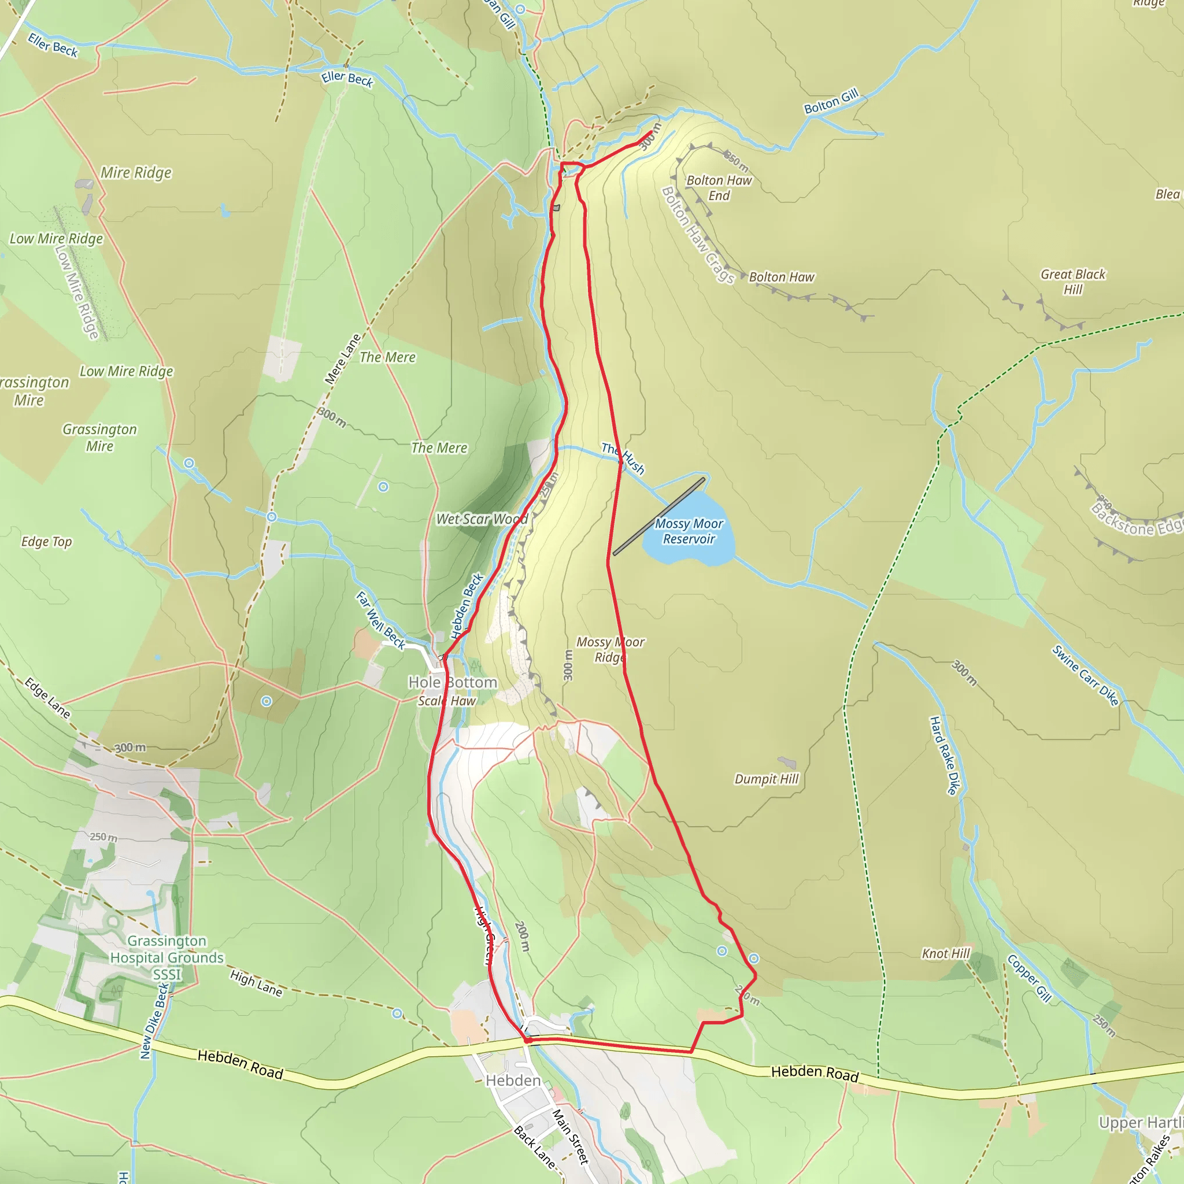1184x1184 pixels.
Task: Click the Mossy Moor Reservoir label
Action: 689,531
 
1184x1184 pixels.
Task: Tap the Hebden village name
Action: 513,1081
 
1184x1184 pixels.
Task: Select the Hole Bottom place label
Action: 452,682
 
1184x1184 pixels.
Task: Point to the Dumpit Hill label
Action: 766,779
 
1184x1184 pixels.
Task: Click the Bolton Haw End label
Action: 718,187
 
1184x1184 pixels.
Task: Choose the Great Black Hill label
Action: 1072,282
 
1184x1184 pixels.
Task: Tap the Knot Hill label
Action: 946,953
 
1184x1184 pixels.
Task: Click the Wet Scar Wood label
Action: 482,519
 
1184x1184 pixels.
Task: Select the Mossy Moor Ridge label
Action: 610,650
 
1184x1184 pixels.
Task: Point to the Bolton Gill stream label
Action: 831,102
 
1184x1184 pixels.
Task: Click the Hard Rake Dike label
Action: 943,756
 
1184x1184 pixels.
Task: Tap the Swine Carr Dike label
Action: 1085,675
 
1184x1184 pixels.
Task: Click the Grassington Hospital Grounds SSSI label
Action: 166,957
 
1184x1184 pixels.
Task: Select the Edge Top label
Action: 47,542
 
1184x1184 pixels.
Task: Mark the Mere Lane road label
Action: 343,360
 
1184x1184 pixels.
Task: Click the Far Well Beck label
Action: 380,620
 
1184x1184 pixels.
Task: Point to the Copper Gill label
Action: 1030,979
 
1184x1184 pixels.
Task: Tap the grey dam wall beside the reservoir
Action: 659,517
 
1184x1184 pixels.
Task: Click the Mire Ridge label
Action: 136,173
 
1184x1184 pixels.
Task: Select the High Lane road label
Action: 256,983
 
